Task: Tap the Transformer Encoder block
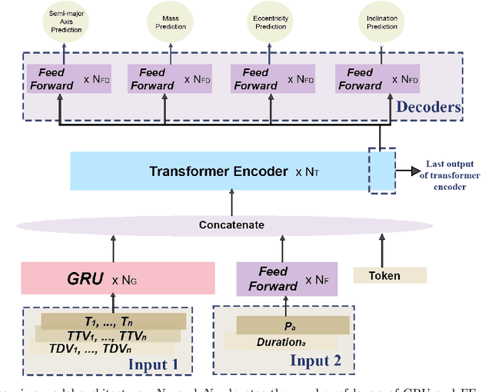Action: (219, 171)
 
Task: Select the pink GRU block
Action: (118, 278)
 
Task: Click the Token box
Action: (384, 275)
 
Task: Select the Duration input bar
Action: (274, 339)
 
